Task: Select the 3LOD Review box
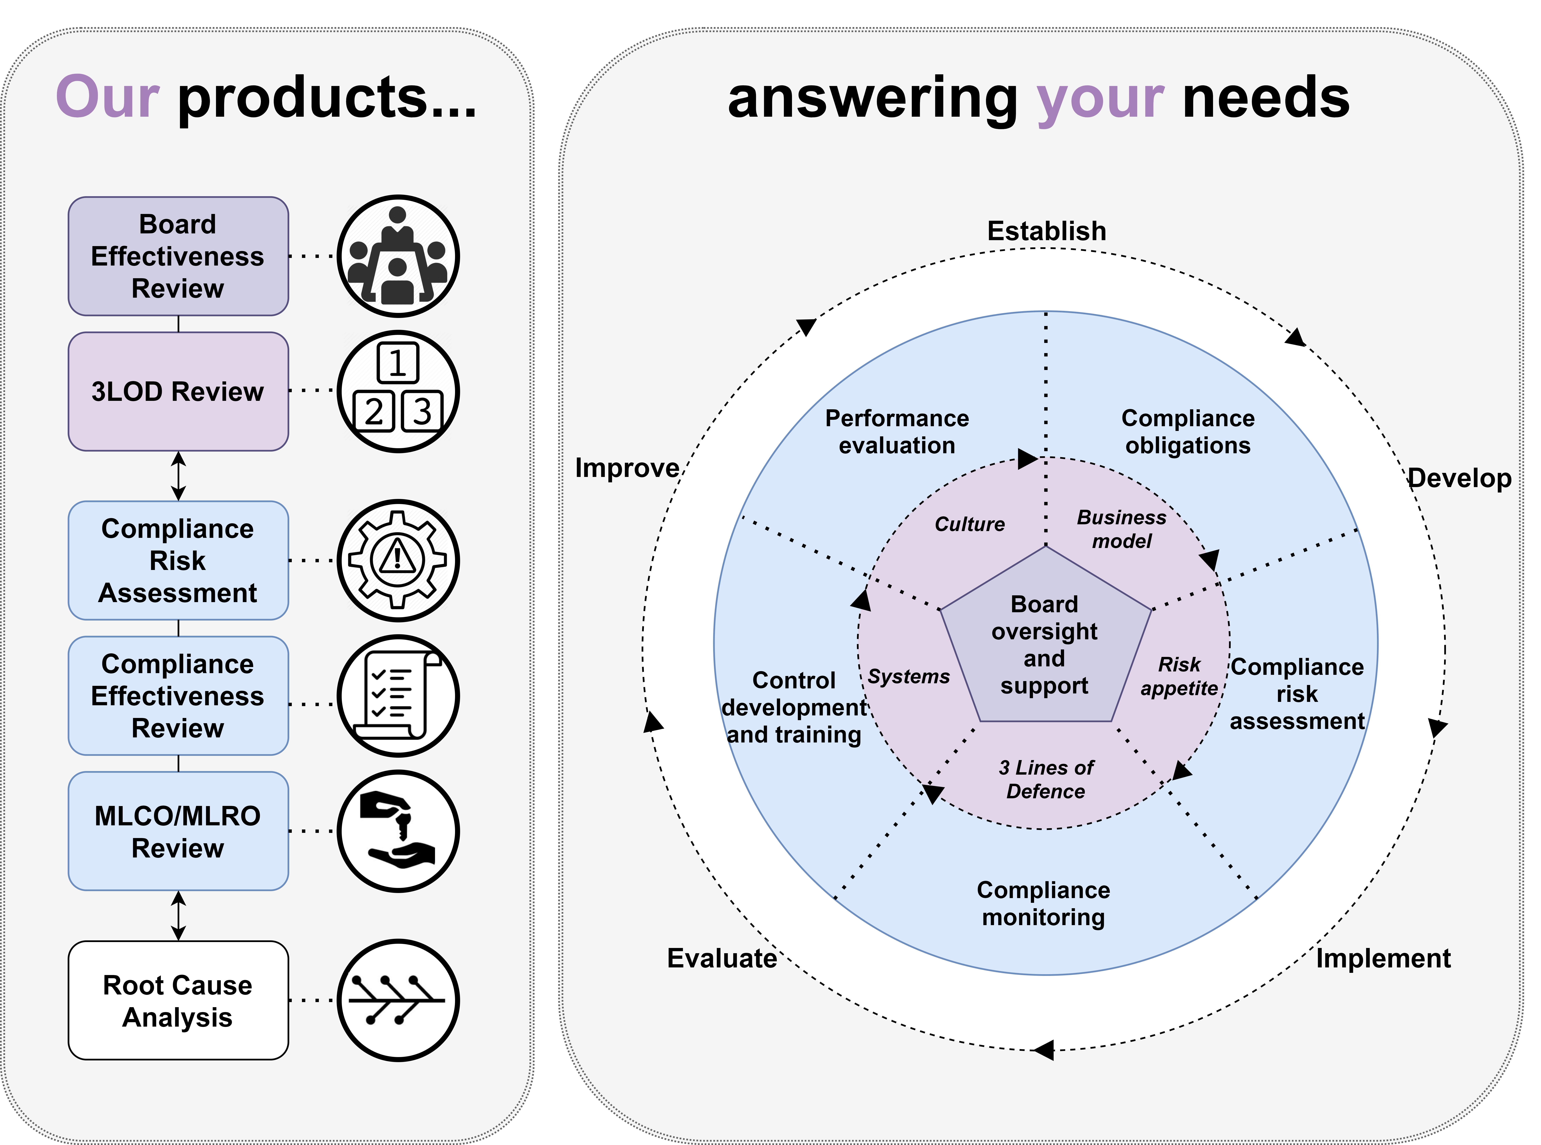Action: (178, 392)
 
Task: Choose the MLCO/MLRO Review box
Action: (178, 831)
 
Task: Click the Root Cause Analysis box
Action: (178, 1000)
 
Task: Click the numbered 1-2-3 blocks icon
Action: (398, 392)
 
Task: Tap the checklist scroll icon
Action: (398, 696)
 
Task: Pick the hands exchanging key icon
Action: (398, 831)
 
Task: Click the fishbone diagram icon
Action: (398, 1000)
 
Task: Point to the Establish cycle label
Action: (1047, 231)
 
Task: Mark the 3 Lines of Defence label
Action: (1046, 779)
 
